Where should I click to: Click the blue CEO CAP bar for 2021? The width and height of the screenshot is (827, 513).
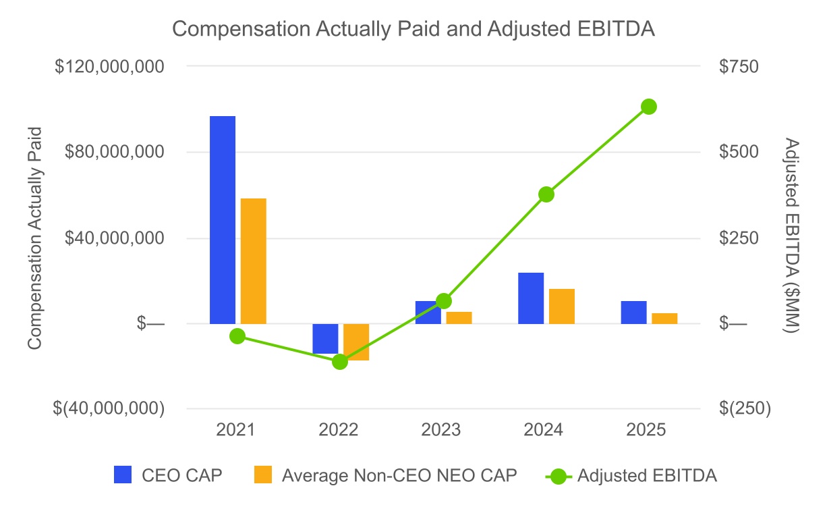[x=223, y=220]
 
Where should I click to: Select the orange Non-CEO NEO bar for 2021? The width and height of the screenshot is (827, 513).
[x=253, y=261]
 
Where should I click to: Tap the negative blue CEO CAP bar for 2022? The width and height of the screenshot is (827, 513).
[x=325, y=339]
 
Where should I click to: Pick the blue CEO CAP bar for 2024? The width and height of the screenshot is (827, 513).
[x=531, y=298]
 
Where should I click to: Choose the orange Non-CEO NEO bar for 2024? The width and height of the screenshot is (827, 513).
[x=562, y=306]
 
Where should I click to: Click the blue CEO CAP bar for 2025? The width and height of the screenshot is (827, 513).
[x=634, y=313]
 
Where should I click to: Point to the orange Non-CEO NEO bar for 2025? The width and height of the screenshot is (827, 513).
[x=664, y=319]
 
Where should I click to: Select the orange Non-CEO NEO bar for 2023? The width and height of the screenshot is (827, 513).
[x=459, y=318]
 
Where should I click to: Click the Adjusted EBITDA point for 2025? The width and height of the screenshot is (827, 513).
[x=649, y=107]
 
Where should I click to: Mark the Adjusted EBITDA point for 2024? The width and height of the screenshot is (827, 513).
[x=546, y=194]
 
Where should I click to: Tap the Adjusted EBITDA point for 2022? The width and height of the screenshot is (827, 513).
[x=340, y=362]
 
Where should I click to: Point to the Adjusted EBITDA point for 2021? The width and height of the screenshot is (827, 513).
[x=237, y=336]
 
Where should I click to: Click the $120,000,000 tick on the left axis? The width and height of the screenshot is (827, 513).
[x=109, y=67]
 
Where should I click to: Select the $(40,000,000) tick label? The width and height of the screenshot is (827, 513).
[x=109, y=408]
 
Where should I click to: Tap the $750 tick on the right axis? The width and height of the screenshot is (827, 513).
[x=739, y=67]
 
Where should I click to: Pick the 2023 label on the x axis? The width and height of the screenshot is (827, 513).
[x=441, y=430]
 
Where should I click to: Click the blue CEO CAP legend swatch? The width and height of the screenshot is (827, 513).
[x=123, y=475]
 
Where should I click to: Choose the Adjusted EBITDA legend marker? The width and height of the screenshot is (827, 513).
[x=559, y=477]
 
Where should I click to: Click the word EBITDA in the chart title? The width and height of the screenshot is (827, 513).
[x=616, y=29]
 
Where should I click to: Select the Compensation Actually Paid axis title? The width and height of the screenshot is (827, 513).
[x=35, y=238]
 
